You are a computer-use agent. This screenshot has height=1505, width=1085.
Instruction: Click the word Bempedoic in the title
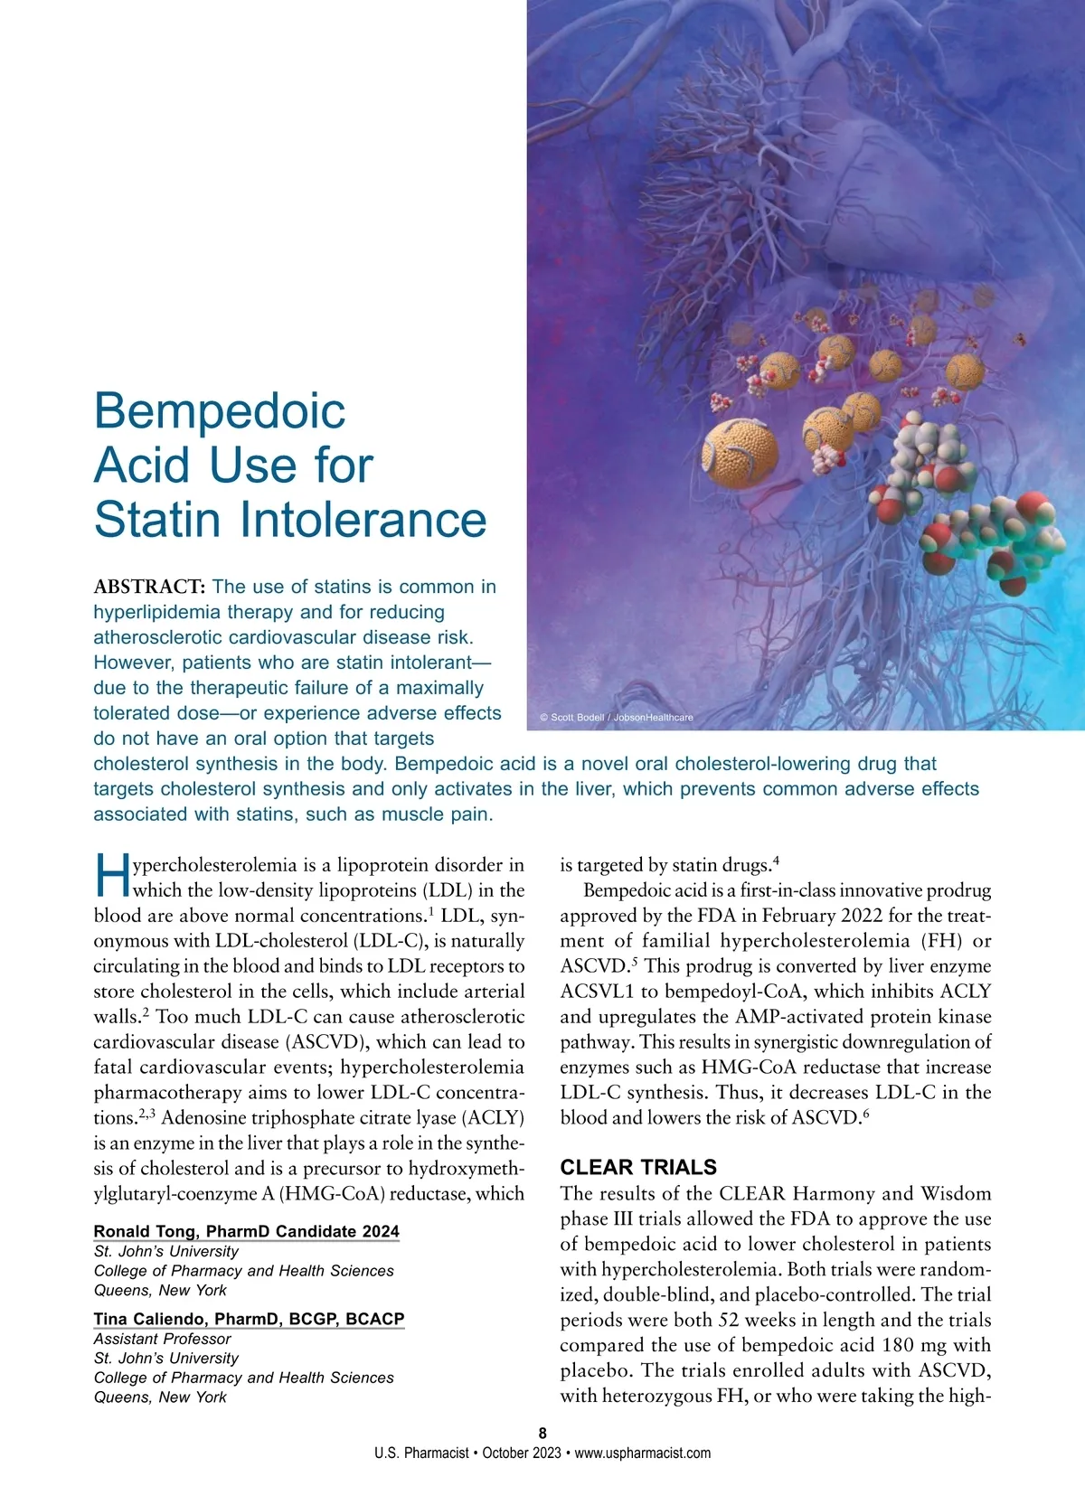[x=220, y=411]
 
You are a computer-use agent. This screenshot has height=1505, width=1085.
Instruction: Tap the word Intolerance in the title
[x=363, y=520]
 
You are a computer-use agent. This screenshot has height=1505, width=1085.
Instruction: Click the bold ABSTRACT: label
[x=150, y=587]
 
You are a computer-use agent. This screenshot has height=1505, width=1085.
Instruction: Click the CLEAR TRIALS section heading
[x=638, y=1167]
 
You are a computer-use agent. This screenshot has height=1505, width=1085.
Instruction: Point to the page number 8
[x=542, y=1433]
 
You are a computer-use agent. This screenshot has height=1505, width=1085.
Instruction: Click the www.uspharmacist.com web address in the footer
[x=642, y=1453]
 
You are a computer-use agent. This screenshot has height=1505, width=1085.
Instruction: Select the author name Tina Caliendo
[x=152, y=1319]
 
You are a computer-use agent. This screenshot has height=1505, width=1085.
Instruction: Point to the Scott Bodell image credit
[x=617, y=717]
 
